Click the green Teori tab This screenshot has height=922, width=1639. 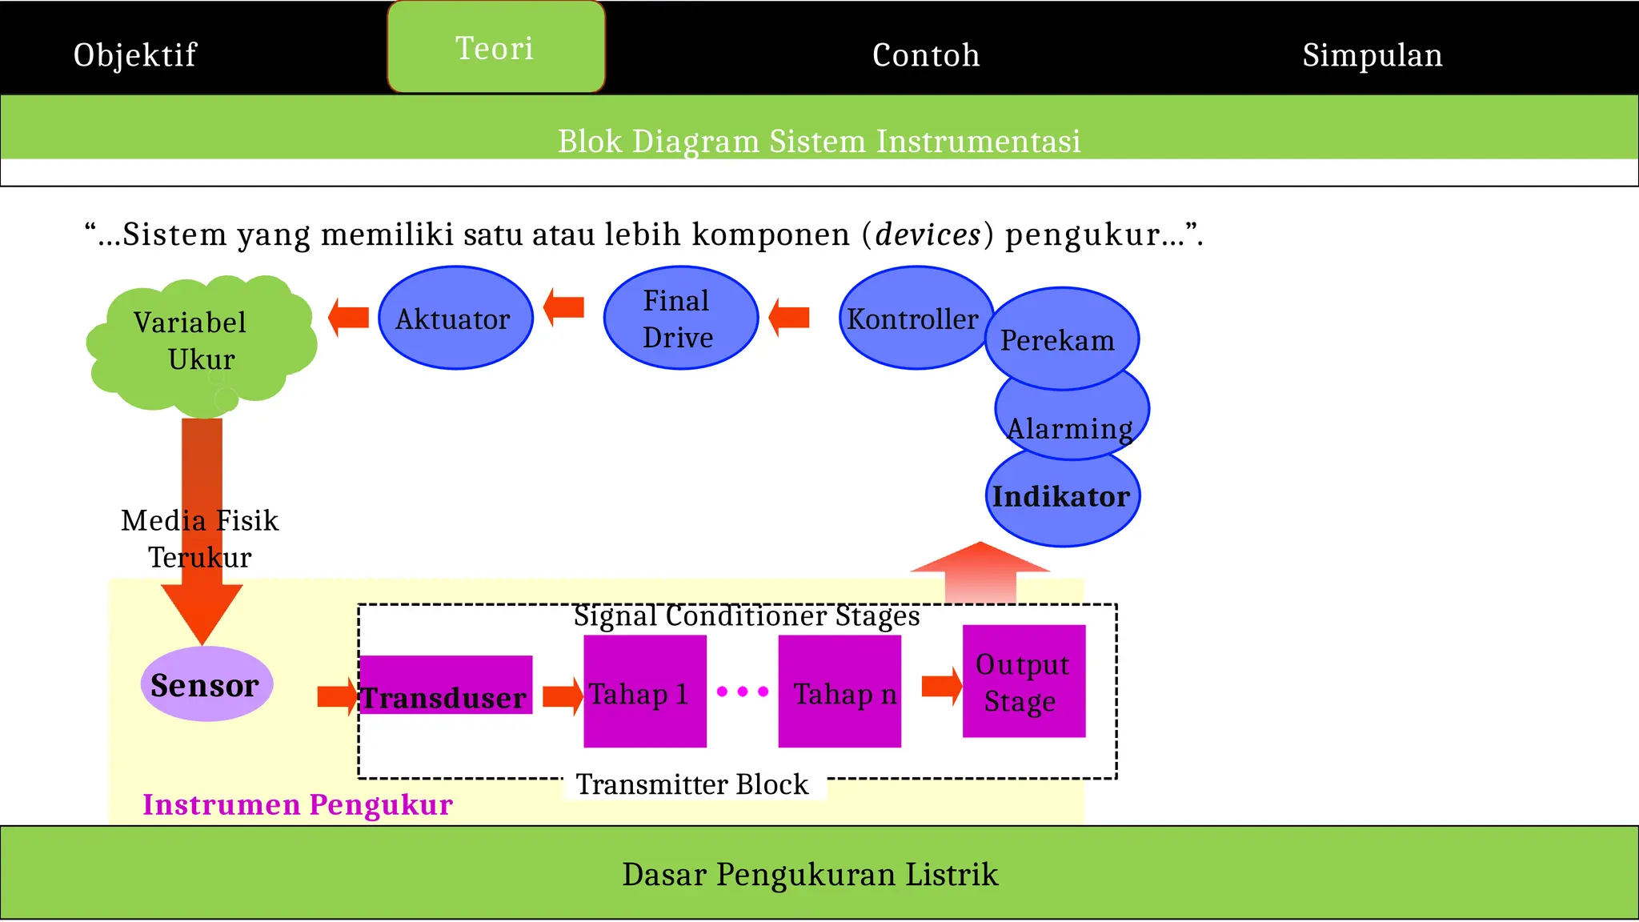click(495, 48)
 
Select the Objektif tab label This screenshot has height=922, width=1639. click(134, 55)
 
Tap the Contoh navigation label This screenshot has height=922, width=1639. click(926, 55)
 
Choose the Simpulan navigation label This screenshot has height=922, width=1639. click(1372, 55)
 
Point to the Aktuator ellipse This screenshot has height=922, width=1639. click(455, 319)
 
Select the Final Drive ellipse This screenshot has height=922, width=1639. click(679, 319)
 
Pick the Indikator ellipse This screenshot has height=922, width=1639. click(1062, 498)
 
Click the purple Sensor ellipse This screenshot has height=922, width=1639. click(206, 685)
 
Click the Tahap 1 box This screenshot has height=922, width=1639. click(644, 692)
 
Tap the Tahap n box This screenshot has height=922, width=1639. click(840, 692)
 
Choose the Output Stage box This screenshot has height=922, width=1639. click(1024, 682)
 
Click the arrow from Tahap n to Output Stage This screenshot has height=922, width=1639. click(941, 686)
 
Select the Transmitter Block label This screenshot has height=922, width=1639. click(693, 785)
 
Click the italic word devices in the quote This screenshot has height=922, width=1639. click(928, 235)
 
